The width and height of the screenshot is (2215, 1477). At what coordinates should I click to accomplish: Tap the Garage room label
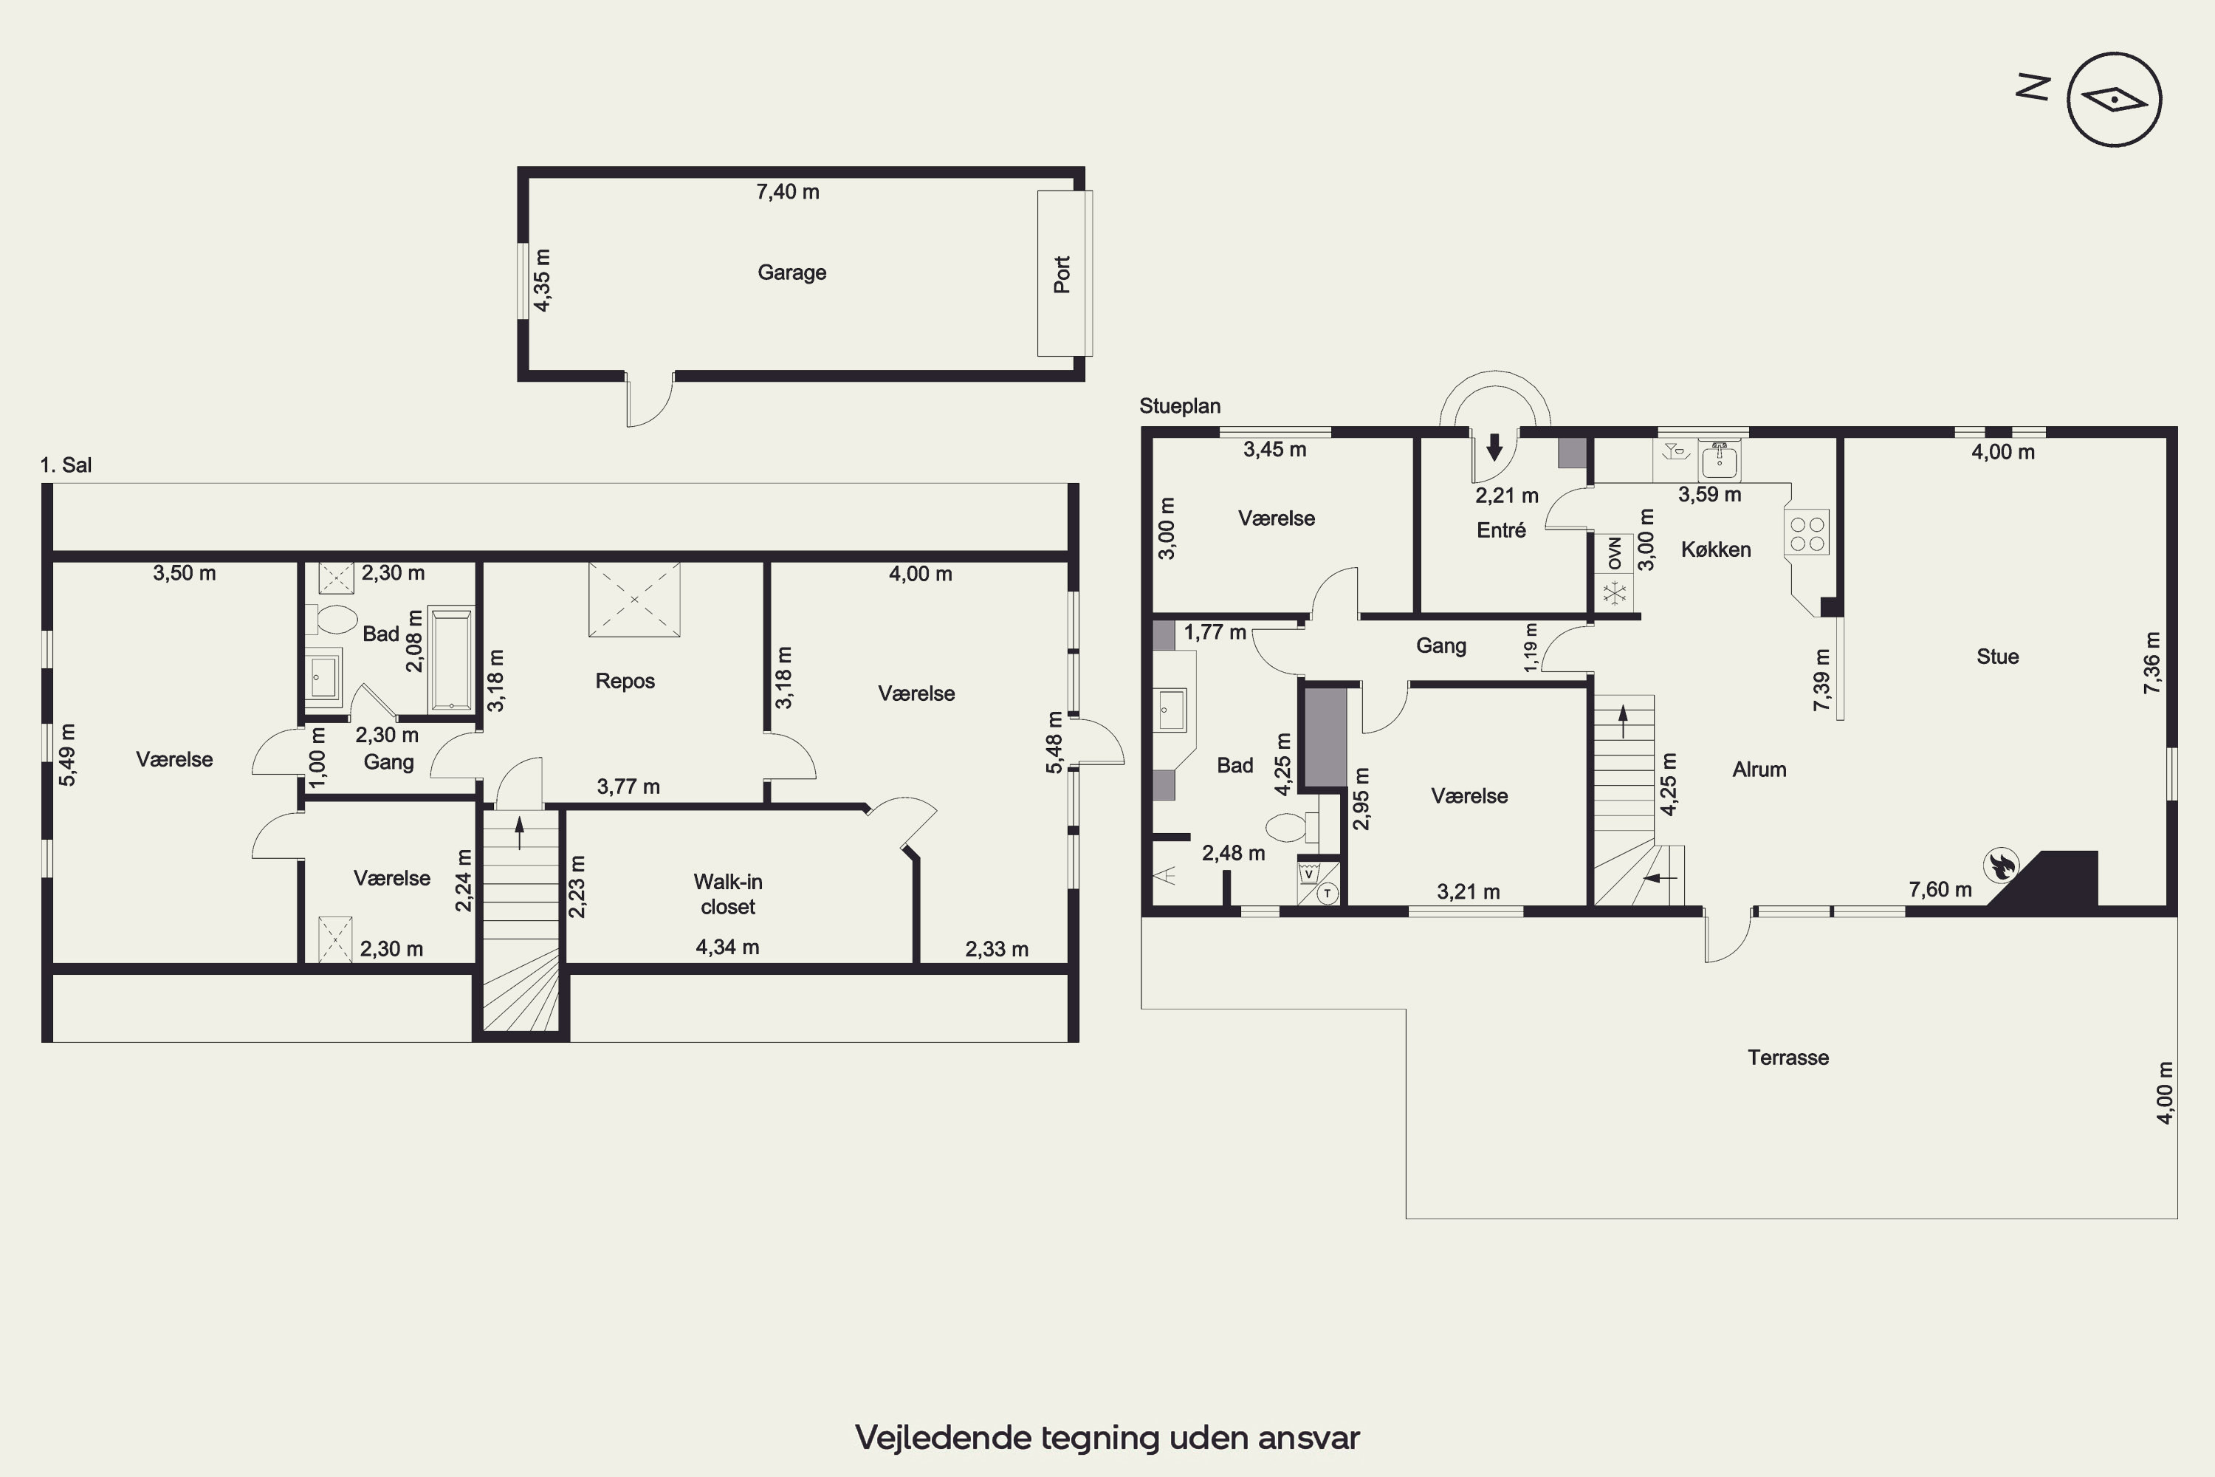792,273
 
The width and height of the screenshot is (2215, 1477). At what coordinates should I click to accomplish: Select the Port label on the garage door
1062,275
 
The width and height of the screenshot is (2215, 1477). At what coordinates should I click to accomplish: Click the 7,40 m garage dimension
787,192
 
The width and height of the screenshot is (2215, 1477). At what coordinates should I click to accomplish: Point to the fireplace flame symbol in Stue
1999,865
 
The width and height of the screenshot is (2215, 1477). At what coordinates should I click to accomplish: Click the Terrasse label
1788,1057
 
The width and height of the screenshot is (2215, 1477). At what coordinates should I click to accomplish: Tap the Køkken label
1716,549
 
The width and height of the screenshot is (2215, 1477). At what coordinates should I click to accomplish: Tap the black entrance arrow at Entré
1494,447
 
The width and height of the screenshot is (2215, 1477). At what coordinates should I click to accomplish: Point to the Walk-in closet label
728,894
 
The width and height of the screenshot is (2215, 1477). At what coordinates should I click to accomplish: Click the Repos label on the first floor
625,681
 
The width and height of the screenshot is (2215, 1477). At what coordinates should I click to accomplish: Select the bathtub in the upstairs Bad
451,659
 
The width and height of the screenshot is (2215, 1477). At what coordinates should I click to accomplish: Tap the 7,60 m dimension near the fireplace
1940,889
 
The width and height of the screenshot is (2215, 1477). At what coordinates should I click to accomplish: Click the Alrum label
1759,770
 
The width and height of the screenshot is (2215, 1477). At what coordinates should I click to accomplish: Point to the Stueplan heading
1180,406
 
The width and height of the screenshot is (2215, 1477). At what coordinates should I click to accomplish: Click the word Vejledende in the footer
944,1437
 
